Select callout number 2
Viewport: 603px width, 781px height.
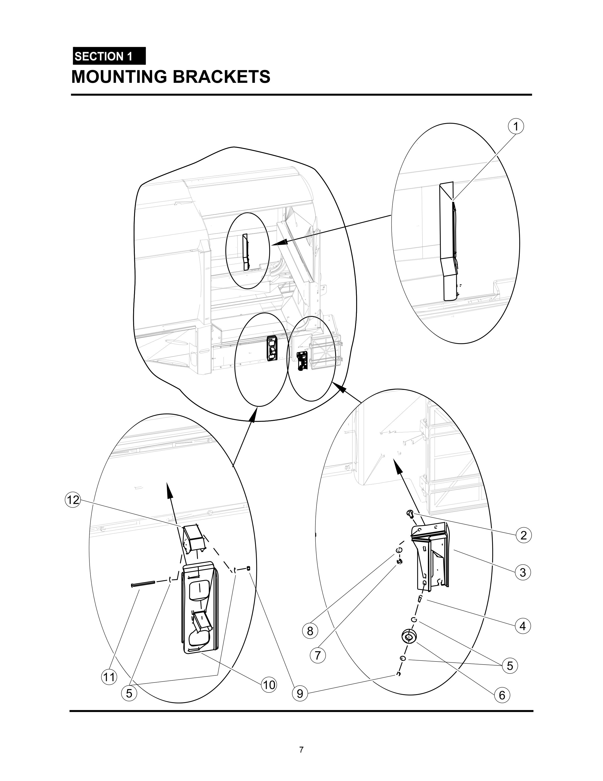coord(523,535)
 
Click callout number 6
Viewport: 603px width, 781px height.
coord(502,695)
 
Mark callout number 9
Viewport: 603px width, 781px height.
coord(300,694)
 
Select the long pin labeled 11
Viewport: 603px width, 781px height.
coord(143,584)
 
